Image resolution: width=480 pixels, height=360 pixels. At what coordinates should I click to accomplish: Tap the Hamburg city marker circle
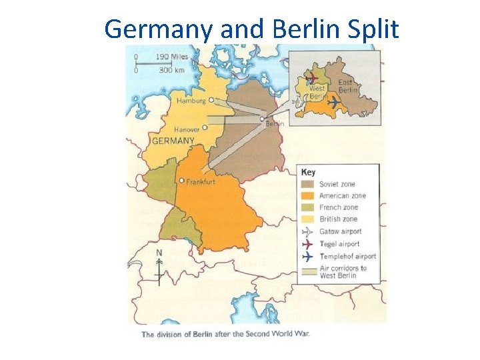click(x=211, y=101)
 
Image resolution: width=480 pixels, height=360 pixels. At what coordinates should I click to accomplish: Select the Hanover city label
click(x=186, y=129)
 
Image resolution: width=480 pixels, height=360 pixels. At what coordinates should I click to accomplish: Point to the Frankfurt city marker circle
click(x=182, y=180)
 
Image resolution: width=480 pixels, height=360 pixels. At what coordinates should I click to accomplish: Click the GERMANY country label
click(x=173, y=141)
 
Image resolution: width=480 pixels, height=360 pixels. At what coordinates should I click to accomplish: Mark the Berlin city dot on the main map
click(x=262, y=119)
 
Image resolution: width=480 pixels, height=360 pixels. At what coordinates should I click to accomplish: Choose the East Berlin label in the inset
click(x=347, y=86)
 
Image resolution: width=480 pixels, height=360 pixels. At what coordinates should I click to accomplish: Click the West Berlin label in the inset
click(x=317, y=92)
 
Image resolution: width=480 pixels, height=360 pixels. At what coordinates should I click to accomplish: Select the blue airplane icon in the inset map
click(x=333, y=102)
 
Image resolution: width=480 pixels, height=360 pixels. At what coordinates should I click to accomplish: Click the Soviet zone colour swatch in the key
click(x=308, y=184)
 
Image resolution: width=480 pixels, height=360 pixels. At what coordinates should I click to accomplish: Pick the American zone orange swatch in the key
click(x=308, y=196)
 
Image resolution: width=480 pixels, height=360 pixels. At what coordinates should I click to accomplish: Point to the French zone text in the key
click(x=339, y=207)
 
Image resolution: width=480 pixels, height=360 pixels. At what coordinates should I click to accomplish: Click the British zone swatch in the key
click(x=308, y=219)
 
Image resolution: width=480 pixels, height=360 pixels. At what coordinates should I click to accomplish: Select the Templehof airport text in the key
click(x=347, y=256)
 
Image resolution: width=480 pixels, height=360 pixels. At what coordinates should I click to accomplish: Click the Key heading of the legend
click(x=309, y=171)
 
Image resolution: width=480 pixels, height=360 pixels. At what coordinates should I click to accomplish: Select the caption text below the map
click(x=225, y=334)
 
